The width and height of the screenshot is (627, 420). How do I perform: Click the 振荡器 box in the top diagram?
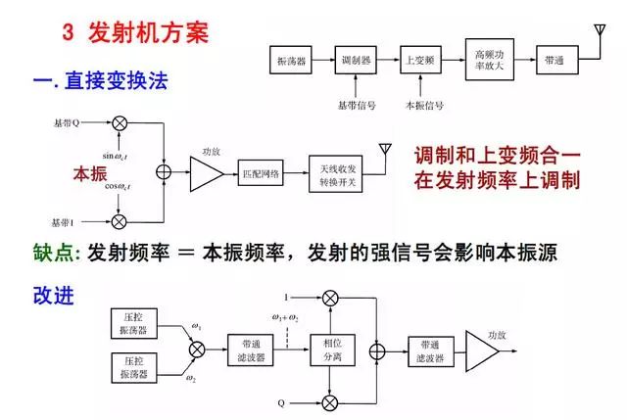click(289, 61)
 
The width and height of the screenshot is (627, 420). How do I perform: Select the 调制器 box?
click(354, 61)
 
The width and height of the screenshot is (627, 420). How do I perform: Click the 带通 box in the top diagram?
click(553, 61)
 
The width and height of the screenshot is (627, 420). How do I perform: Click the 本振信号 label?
click(423, 105)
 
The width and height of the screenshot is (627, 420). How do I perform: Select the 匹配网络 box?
click(261, 174)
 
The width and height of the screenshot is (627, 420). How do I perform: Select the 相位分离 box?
click(323, 347)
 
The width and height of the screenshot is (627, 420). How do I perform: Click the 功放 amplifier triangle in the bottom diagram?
click(481, 348)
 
